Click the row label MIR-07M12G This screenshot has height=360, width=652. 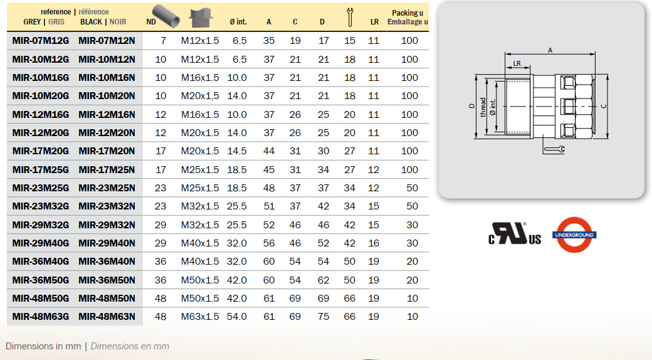(x=40, y=41)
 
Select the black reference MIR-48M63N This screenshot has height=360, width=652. (x=107, y=317)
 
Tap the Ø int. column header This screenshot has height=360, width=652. (x=238, y=22)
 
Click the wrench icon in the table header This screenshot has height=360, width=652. (x=350, y=18)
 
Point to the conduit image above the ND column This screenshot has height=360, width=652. (x=166, y=16)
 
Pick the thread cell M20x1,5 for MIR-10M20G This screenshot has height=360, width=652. (x=200, y=96)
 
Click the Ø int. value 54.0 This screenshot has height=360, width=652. (x=236, y=317)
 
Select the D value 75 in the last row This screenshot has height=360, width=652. (x=323, y=317)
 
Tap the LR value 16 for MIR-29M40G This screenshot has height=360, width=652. (x=374, y=243)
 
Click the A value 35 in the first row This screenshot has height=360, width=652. (x=268, y=41)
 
